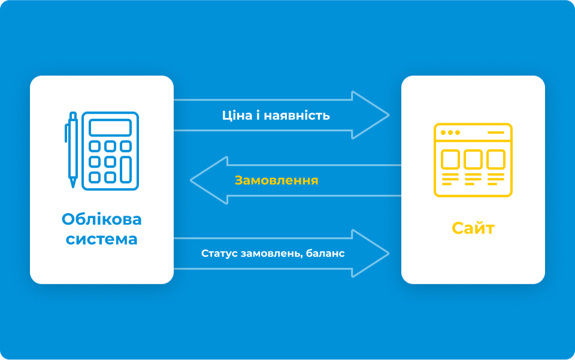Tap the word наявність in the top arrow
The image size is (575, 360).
pyautogui.click(x=296, y=116)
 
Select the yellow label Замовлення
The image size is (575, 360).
pyautogui.click(x=276, y=180)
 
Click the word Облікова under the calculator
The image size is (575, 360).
pyautogui.click(x=102, y=219)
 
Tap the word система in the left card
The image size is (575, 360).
pyautogui.click(x=102, y=240)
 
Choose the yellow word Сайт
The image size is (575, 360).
pyautogui.click(x=473, y=228)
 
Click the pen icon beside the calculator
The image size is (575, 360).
pyautogui.click(x=72, y=150)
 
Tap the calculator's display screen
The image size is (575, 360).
pyautogui.click(x=110, y=128)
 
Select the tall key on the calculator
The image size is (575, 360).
pyautogui.click(x=126, y=170)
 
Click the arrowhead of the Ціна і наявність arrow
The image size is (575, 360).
pyautogui.click(x=370, y=115)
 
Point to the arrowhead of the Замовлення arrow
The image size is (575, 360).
pyautogui.click(x=210, y=180)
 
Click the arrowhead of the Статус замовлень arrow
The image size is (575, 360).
pyautogui.click(x=370, y=253)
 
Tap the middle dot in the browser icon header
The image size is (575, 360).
pyautogui.click(x=450, y=132)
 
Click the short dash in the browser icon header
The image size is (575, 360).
pyautogui.click(x=496, y=132)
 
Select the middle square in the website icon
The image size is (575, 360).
pyautogui.click(x=473, y=159)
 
